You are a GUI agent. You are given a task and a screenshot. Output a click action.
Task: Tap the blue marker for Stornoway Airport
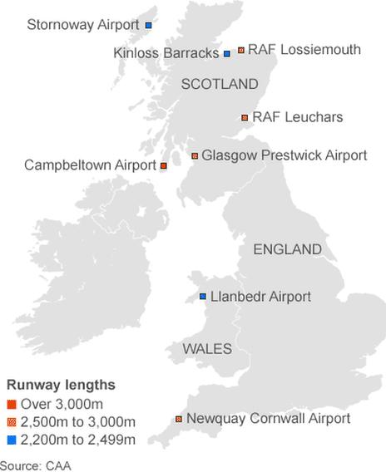tap(148, 26)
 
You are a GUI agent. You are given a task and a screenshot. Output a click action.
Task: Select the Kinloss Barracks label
tap(166, 53)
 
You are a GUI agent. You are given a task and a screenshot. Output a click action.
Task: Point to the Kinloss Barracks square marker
tap(226, 54)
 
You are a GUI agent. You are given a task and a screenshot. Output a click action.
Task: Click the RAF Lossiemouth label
tap(304, 50)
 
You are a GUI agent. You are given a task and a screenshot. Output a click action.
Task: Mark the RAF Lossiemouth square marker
tap(240, 51)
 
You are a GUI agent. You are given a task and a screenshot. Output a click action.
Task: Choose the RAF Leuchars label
tap(297, 117)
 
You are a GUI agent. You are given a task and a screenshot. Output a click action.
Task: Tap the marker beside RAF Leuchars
tap(245, 118)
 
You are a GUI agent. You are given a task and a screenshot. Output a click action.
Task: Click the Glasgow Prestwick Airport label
tap(284, 155)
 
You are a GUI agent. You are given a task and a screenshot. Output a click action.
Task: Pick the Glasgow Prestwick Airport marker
tap(195, 155)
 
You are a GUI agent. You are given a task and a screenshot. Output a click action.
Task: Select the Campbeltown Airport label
tap(90, 165)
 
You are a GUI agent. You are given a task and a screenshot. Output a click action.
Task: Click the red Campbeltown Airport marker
tap(164, 166)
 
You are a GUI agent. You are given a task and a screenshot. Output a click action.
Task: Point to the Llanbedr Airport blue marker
tap(203, 297)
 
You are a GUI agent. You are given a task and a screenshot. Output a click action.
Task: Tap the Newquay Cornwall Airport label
tap(268, 419)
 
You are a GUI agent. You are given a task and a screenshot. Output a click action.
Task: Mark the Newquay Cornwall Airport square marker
tap(178, 420)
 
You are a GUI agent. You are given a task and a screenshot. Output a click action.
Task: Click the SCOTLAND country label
tap(220, 84)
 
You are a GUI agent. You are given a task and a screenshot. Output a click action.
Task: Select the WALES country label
tap(207, 349)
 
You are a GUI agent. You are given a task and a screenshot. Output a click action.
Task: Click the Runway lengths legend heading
tap(61, 386)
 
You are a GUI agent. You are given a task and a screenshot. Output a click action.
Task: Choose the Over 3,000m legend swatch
tap(12, 405)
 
